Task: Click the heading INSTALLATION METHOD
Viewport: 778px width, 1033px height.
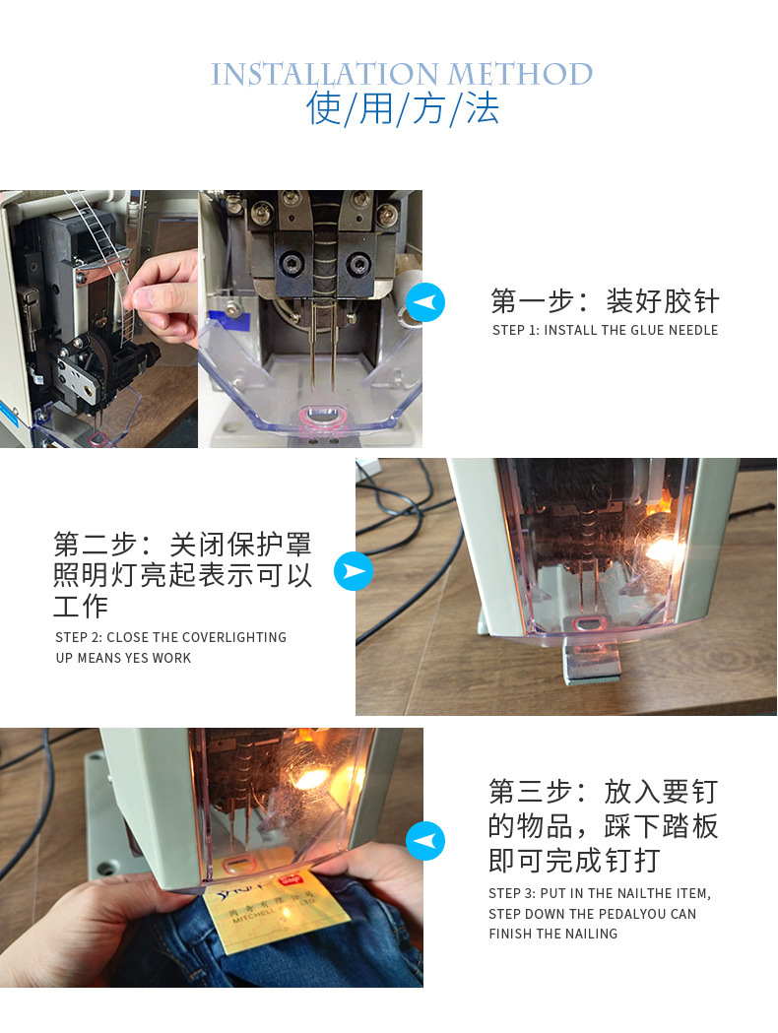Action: tap(401, 74)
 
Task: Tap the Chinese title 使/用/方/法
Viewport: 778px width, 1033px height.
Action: tap(403, 108)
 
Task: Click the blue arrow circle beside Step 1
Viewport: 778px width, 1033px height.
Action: tap(424, 302)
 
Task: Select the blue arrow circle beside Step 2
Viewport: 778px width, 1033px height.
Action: tap(354, 571)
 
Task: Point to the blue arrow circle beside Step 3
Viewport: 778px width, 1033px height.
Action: tap(424, 841)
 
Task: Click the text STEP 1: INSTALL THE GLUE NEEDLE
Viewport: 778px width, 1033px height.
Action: tap(605, 330)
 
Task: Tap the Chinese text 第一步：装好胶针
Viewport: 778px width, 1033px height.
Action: tap(605, 301)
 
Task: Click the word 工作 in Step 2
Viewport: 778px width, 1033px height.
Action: tap(81, 606)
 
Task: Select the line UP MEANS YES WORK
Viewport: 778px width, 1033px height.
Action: tap(123, 658)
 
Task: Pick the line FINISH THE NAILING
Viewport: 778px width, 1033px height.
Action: tap(552, 934)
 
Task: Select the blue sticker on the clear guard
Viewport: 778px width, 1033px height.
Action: tap(229, 321)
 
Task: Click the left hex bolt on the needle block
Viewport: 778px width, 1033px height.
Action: tap(291, 264)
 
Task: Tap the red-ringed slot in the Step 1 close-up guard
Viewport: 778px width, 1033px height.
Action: tap(322, 416)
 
